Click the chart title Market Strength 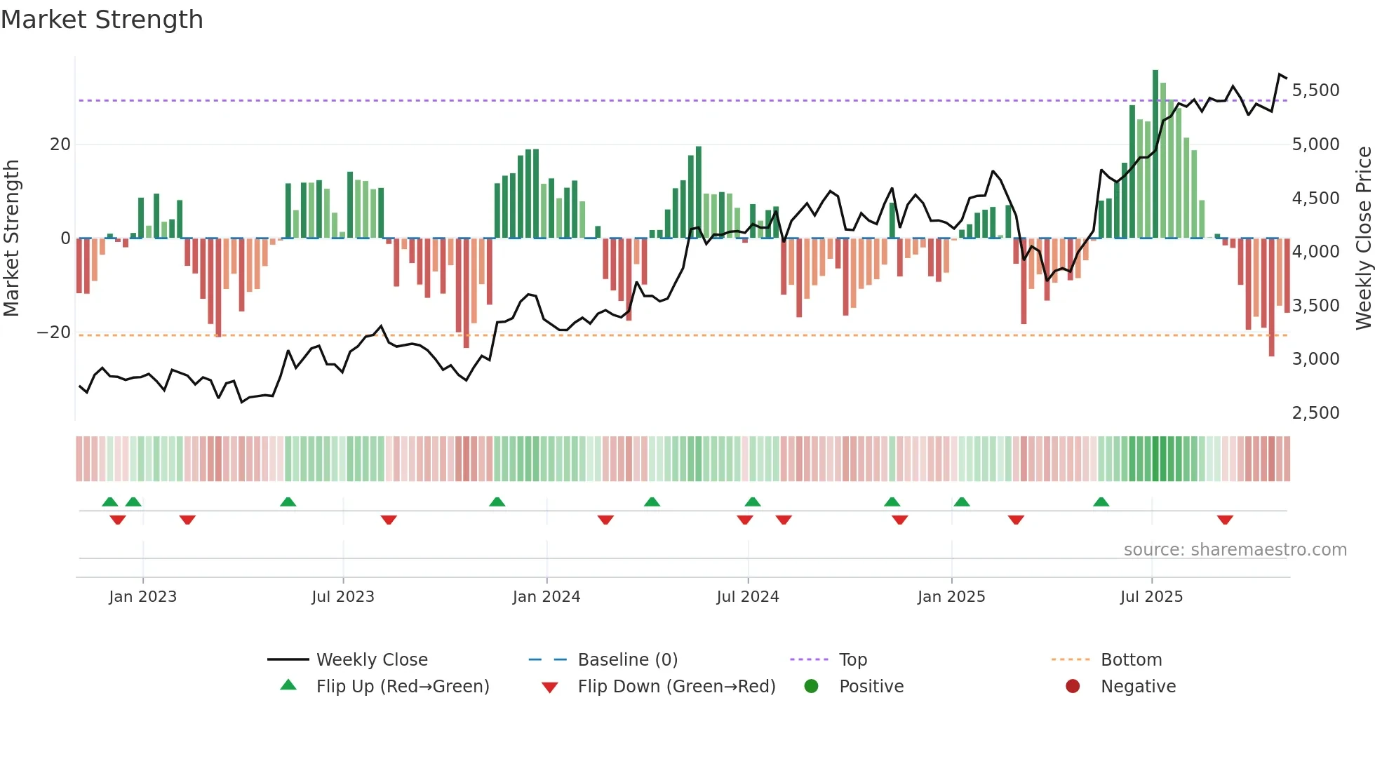102,20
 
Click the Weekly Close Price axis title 1363,238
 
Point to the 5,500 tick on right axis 1315,90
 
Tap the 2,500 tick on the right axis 1315,413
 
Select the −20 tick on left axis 54,332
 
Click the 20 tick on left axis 60,144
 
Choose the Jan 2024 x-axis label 546,597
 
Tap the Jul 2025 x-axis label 1151,597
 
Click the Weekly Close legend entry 372,660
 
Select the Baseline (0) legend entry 627,660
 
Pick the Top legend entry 853,660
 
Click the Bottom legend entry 1131,660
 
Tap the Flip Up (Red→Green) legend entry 402,687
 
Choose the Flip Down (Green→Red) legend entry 676,687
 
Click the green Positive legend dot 812,687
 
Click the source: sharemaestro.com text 1235,550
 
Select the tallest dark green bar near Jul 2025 1155,154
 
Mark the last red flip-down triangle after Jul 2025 1225,520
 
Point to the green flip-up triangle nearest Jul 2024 753,502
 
